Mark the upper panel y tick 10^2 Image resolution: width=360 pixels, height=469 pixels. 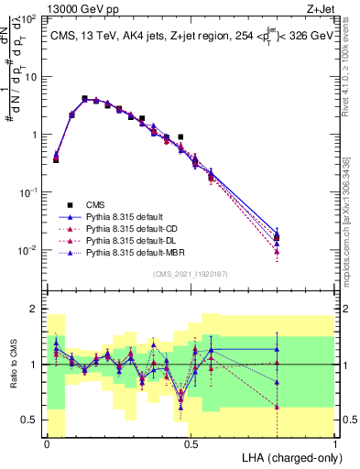click(x=30, y=19)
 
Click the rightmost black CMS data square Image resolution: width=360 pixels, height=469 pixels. click(x=278, y=238)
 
